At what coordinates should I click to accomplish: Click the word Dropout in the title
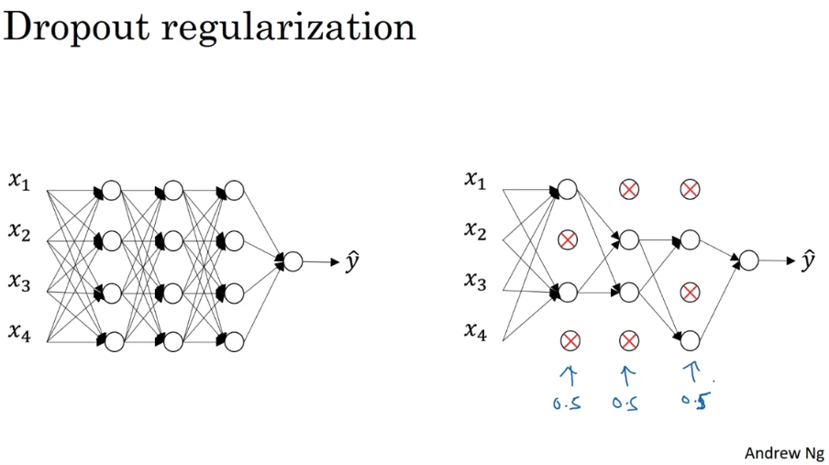(x=76, y=28)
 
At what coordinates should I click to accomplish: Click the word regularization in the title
(x=289, y=28)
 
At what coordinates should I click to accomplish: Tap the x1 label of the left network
(x=19, y=181)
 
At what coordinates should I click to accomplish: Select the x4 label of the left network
(x=19, y=332)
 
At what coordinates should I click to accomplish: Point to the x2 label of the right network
(x=475, y=230)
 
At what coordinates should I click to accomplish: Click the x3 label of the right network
(x=475, y=281)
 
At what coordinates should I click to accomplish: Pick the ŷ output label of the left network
(x=352, y=261)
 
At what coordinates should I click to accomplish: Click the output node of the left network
(x=293, y=261)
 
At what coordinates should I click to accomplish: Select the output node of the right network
(x=748, y=260)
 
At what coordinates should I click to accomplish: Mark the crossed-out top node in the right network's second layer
(x=628, y=189)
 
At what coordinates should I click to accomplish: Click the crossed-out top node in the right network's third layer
(x=690, y=189)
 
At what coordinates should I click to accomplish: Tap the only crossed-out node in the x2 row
(x=568, y=240)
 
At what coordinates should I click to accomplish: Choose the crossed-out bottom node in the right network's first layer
(x=569, y=341)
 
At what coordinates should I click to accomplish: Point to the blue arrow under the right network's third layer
(x=692, y=372)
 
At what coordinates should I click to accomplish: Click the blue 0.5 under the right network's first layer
(x=567, y=404)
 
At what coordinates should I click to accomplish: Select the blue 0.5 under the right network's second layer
(x=625, y=404)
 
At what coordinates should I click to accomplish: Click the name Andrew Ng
(x=784, y=453)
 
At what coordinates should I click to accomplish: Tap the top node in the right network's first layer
(x=568, y=189)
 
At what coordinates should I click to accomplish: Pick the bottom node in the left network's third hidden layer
(x=234, y=342)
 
